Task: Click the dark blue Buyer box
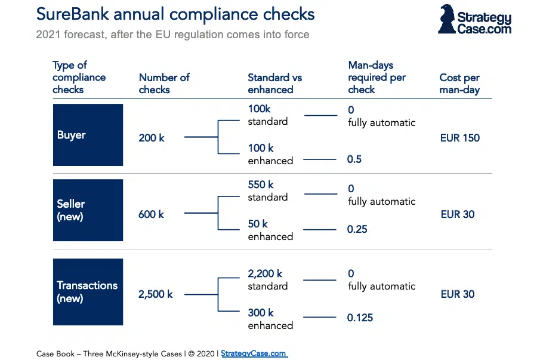tap(88, 135)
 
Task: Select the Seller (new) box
tap(88, 210)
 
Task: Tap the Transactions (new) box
tap(88, 292)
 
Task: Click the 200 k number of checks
tap(152, 138)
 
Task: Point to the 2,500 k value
tap(156, 294)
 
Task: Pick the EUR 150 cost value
tap(459, 138)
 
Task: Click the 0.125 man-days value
tap(360, 318)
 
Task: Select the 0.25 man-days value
tap(357, 229)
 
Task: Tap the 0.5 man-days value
tap(354, 159)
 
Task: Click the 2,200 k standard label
tap(268, 279)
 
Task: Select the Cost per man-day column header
tap(459, 84)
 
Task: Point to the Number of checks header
tap(164, 84)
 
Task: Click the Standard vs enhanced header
tap(275, 84)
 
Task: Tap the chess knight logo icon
tap(446, 19)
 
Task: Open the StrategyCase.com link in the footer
tap(254, 353)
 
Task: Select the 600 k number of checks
tap(152, 214)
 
